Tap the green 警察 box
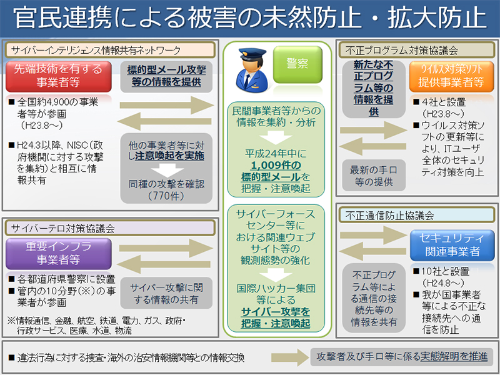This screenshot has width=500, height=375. coord(297,62)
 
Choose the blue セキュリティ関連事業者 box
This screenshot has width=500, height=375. coord(445,244)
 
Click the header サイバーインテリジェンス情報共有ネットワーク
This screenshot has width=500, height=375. coord(94,50)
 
